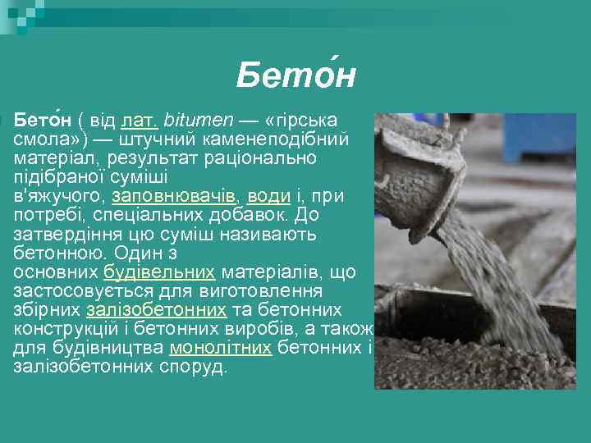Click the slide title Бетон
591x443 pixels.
click(295, 76)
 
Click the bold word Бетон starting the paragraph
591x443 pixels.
click(40, 121)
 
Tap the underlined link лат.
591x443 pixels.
click(140, 121)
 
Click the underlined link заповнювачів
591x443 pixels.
click(174, 196)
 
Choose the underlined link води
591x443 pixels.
click(268, 196)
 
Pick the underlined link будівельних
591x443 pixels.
click(159, 272)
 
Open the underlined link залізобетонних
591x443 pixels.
click(156, 310)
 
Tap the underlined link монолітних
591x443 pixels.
click(220, 348)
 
